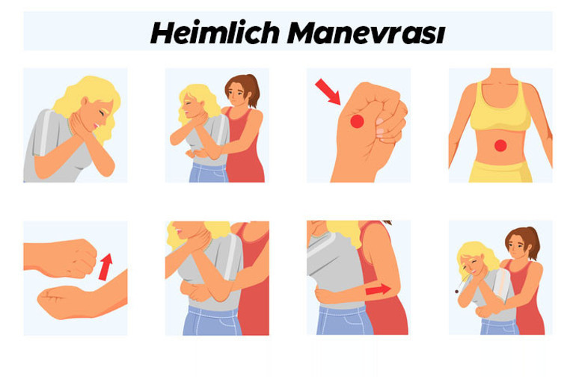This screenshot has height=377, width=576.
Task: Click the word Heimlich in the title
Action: [x=215, y=33]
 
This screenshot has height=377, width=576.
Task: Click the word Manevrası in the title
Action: [x=366, y=34]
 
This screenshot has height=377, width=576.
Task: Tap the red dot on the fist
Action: [x=357, y=121]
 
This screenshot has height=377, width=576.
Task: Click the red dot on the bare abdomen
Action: [x=500, y=146]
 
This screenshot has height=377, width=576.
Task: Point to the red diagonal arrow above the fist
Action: [x=328, y=91]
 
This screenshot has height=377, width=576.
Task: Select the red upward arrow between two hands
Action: [x=105, y=267]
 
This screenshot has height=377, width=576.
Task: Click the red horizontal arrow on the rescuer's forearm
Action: [x=378, y=289]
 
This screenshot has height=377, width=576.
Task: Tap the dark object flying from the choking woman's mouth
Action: [x=456, y=292]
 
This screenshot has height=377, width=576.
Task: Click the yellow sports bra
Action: [x=500, y=106]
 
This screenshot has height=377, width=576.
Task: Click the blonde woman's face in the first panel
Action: [x=102, y=114]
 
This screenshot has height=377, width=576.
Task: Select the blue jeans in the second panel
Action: [x=209, y=173]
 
